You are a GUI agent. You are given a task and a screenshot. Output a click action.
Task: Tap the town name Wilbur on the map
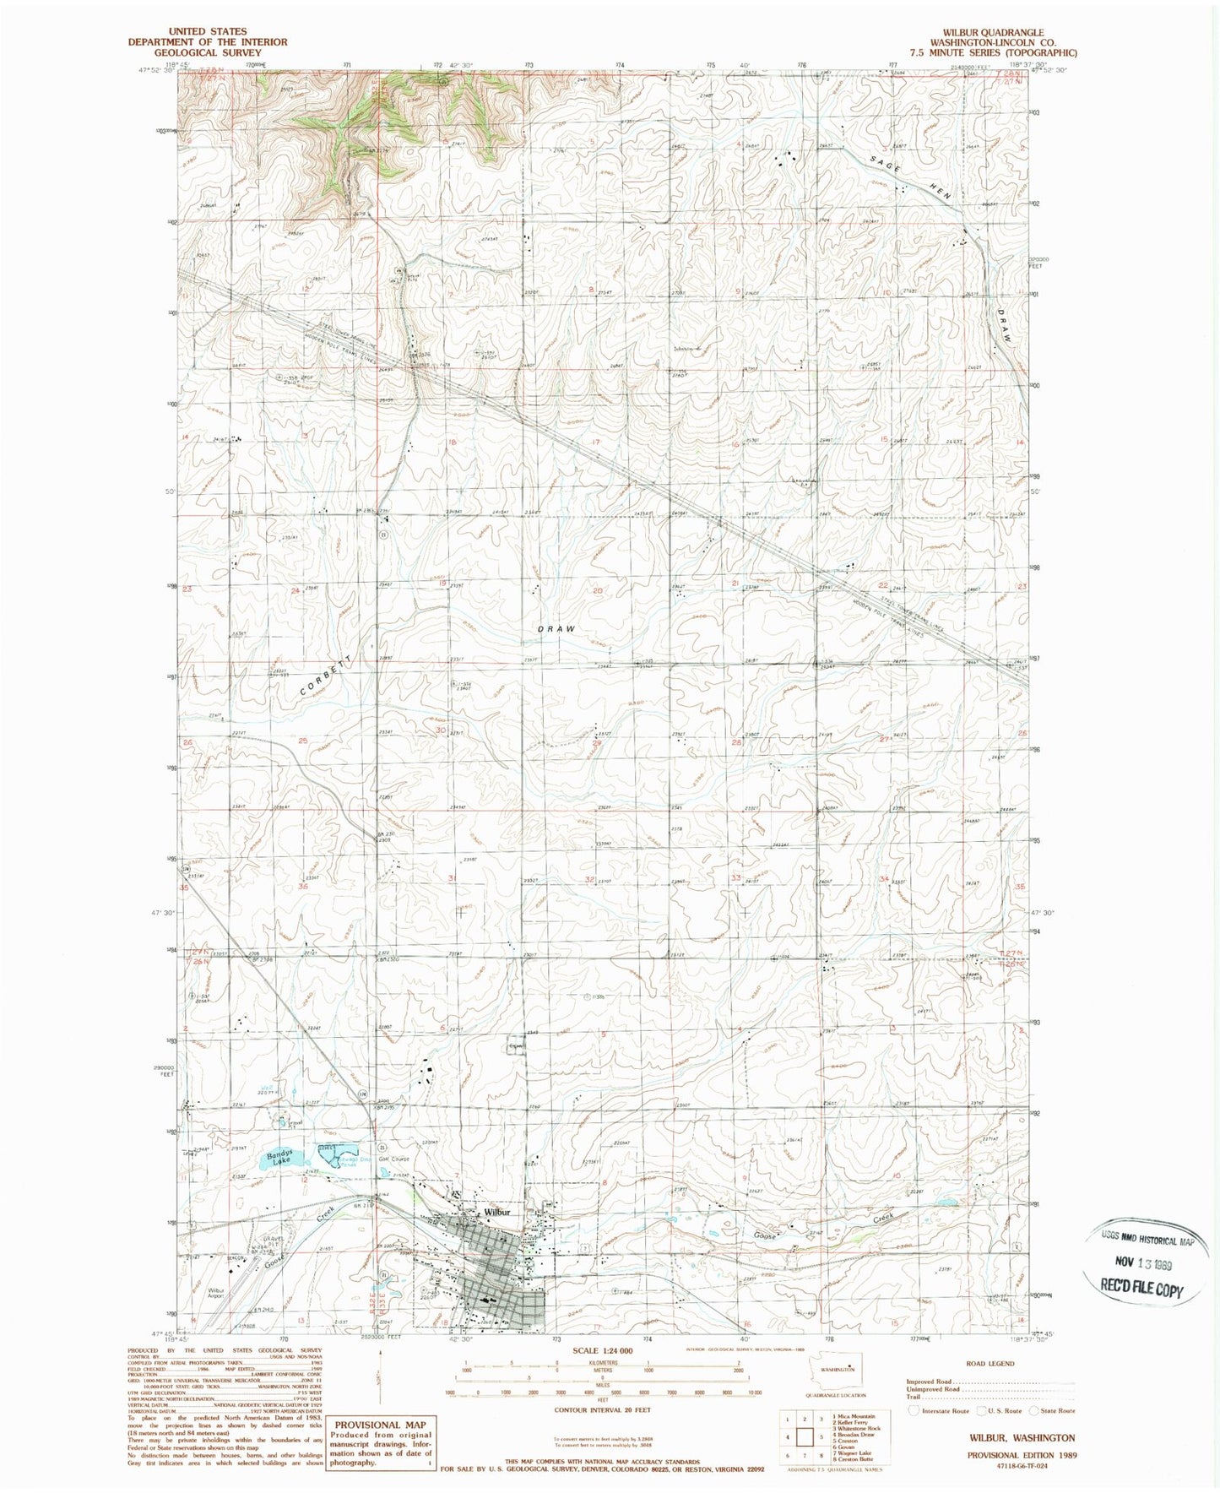tap(498, 1212)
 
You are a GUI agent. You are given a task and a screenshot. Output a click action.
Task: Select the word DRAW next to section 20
tap(556, 629)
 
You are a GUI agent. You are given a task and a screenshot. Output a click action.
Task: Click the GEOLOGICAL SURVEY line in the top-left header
tap(208, 52)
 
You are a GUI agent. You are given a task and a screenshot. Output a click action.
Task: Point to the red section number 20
tap(598, 590)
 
